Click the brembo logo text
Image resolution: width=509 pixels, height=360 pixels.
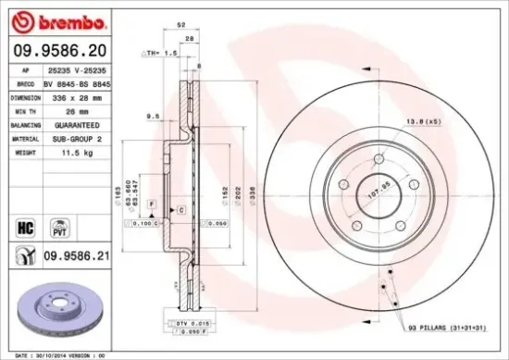(x=50, y=20)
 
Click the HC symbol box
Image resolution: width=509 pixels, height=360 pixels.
(x=25, y=224)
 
